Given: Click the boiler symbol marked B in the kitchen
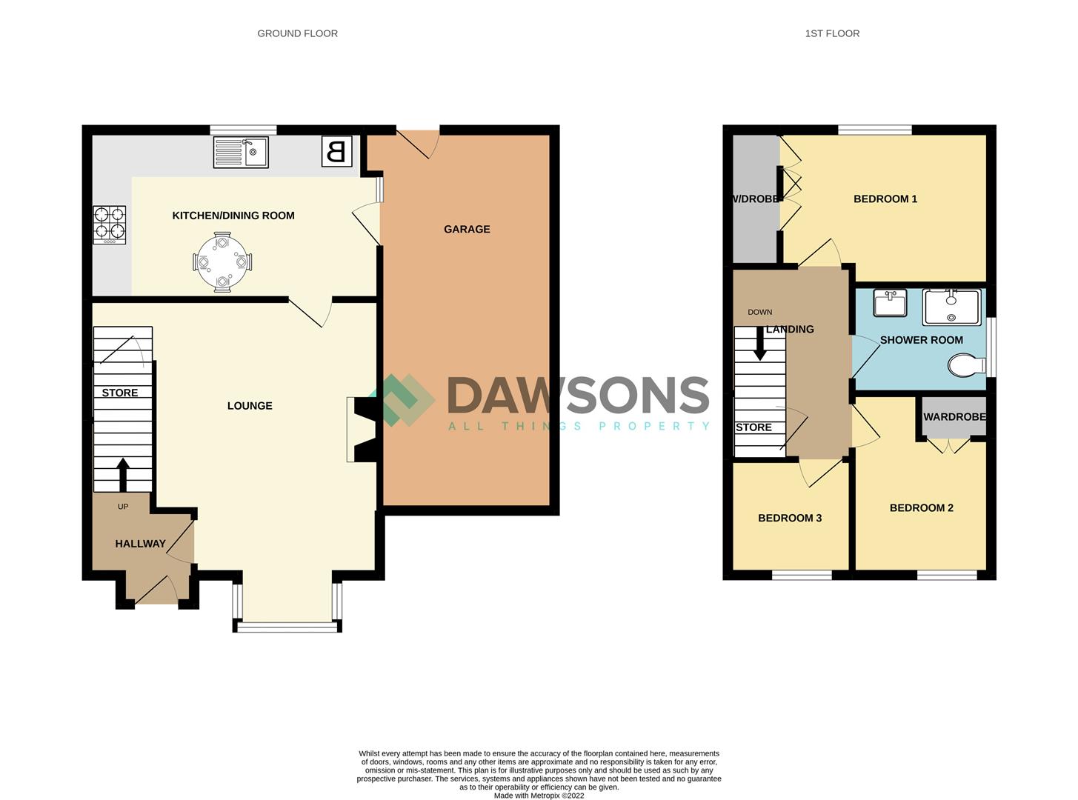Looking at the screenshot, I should click(336, 152).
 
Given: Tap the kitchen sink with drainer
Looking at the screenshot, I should click(241, 153).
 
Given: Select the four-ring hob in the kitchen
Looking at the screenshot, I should click(109, 224).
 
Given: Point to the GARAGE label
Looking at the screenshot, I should click(467, 229).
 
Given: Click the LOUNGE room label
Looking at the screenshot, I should click(250, 405).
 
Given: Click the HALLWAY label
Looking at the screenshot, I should click(140, 544).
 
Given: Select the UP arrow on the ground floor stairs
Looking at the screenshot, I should click(123, 474).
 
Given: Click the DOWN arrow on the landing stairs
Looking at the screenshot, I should click(759, 344).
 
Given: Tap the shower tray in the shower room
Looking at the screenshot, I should click(951, 307).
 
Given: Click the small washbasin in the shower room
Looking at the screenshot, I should click(890, 303).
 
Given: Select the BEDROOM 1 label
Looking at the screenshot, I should click(885, 199).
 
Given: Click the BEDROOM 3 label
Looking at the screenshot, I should click(790, 518).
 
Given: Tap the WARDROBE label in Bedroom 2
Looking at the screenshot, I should click(954, 416).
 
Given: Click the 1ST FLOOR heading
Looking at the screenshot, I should click(832, 33).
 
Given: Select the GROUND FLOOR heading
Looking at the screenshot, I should click(297, 33).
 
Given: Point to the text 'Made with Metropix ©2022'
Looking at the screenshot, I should click(539, 796).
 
